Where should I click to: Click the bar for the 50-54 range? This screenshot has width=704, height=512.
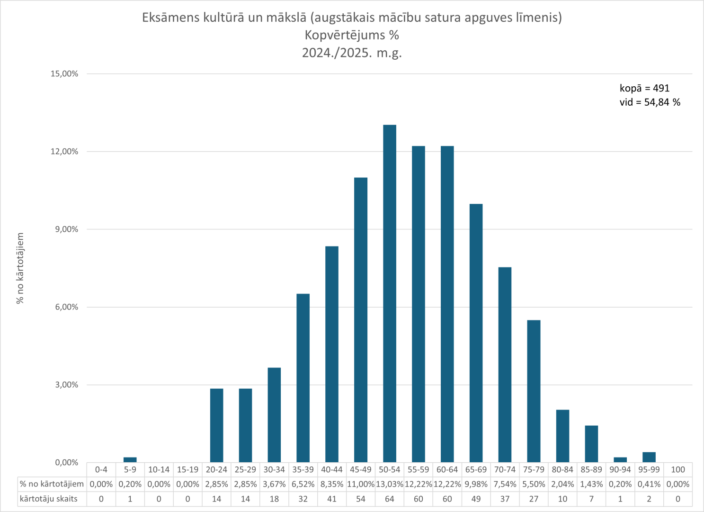(389, 294)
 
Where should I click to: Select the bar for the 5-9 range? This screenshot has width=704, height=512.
(130, 460)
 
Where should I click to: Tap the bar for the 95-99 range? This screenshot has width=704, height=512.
(649, 457)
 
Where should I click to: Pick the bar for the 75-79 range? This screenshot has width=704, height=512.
(534, 391)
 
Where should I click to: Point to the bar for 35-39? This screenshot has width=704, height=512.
(303, 378)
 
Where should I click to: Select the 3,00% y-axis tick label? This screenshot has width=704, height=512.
(66, 385)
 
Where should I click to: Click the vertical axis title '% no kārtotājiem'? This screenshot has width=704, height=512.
(20, 268)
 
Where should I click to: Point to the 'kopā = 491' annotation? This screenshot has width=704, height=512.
(644, 88)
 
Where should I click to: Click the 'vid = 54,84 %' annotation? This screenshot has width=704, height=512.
(650, 102)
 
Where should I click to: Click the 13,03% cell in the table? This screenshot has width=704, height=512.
(389, 484)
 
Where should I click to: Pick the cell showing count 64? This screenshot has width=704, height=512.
(389, 499)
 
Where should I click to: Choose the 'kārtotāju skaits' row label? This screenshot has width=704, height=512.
(48, 499)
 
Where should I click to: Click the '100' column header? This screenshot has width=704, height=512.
(677, 469)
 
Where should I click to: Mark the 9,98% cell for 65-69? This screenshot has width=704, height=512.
(476, 484)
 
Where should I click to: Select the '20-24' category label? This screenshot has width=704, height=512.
(216, 469)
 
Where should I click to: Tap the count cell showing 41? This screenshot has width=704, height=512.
(331, 499)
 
